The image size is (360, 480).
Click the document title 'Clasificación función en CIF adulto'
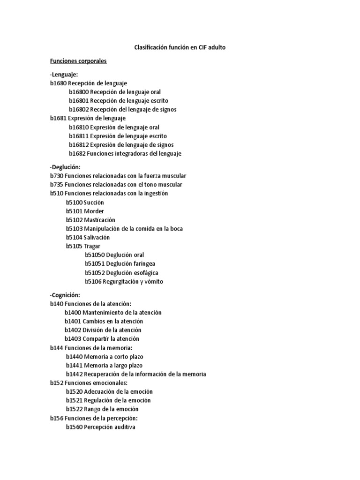[183, 47]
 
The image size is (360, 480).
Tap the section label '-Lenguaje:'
[64, 74]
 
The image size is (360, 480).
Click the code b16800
[78, 92]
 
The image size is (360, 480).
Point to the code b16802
[78, 109]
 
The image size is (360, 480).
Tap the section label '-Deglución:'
[65, 167]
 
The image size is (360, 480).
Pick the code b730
[56, 176]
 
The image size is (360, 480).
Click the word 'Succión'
[94, 202]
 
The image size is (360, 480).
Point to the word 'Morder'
[94, 211]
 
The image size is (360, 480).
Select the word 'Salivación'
[97, 237]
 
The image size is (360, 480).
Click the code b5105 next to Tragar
[74, 246]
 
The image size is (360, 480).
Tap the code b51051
[95, 264]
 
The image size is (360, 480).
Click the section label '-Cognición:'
[65, 295]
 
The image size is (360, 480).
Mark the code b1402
[73, 330]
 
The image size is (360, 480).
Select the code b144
[56, 347]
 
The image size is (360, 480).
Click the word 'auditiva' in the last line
[123, 427]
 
